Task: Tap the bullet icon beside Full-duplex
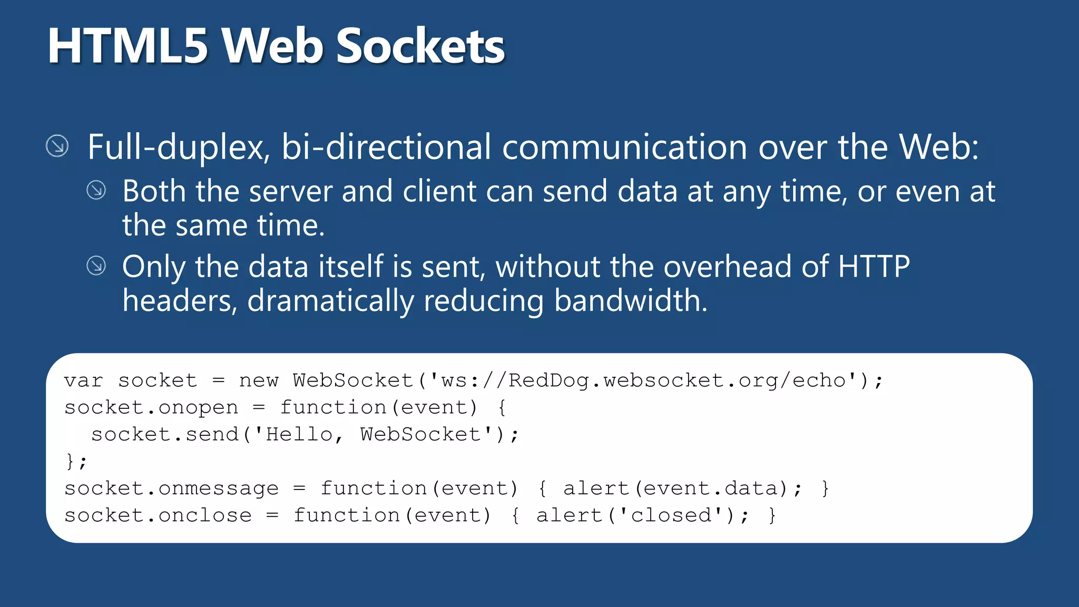point(57,146)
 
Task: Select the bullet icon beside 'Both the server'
point(96,190)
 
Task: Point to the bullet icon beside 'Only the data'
point(96,266)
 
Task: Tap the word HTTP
point(874,267)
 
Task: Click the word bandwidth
point(631,301)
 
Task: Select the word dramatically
point(330,301)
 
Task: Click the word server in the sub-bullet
point(290,191)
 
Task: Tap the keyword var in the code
point(84,380)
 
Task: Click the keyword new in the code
point(258,380)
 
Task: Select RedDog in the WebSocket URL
point(548,380)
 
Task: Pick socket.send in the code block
point(165,435)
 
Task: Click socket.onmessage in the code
point(171,489)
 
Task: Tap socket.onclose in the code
point(158,515)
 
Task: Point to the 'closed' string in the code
point(671,515)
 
